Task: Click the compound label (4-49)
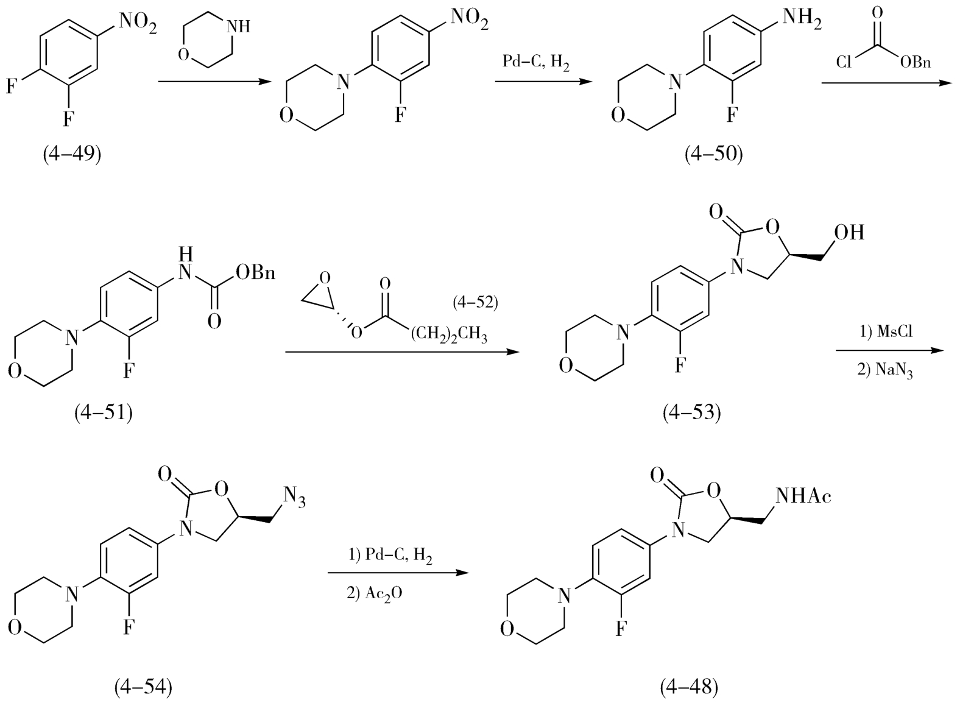tap(72, 154)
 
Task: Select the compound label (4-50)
tap(713, 154)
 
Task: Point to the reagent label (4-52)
tap(475, 303)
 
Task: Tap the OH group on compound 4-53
tap(849, 232)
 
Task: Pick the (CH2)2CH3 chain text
tap(449, 335)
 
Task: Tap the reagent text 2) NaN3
tap(885, 370)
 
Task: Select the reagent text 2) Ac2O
tap(375, 593)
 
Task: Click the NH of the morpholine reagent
tap(238, 27)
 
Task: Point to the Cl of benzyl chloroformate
tap(844, 62)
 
